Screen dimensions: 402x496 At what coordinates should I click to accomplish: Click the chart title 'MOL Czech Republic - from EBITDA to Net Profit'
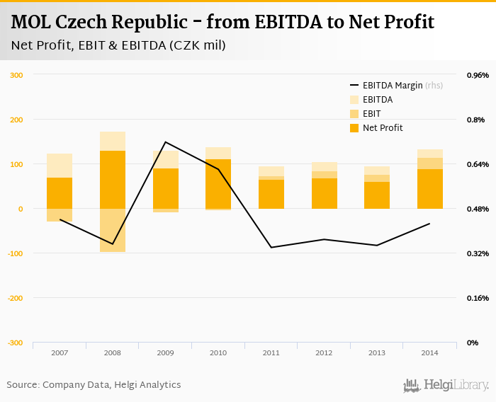[222, 22]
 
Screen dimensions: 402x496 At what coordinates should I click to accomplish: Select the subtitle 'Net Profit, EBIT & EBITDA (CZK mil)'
[118, 46]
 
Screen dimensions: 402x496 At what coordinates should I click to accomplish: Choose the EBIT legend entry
[371, 113]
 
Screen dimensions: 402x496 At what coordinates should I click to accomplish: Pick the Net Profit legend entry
[382, 128]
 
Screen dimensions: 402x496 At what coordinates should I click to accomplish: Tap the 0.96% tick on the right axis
[477, 75]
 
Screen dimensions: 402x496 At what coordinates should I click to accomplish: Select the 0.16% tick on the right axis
[477, 298]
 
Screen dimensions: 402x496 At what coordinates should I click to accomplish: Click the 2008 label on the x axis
[112, 352]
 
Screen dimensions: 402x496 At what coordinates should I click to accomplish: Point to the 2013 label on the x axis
[376, 352]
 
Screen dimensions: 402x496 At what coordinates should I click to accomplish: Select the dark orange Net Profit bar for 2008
[113, 180]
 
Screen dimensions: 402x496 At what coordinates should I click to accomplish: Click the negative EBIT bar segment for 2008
[113, 230]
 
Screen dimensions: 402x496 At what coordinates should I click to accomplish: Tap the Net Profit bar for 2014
[429, 189]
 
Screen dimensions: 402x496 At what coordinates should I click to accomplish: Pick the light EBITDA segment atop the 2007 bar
[60, 166]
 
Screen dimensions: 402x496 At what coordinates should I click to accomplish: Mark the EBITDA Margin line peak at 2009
[165, 142]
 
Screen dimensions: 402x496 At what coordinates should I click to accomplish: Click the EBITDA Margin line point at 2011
[271, 247]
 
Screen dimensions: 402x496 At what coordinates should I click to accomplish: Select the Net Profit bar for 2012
[324, 193]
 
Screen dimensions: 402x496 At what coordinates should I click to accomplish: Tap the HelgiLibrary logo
[446, 385]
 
